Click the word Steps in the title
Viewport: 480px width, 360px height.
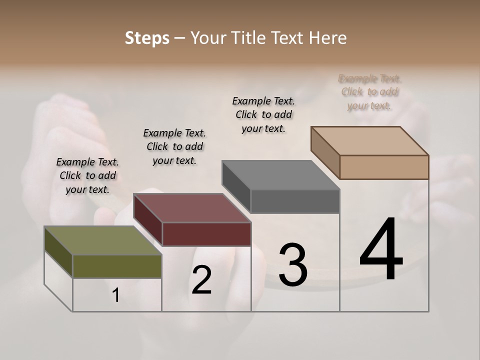click(147, 38)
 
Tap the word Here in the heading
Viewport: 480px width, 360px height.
click(328, 38)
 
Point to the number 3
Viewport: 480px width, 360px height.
click(293, 264)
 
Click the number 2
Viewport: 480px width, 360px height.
click(201, 280)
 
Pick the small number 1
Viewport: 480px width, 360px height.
click(116, 295)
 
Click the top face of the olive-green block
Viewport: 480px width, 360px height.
click(102, 240)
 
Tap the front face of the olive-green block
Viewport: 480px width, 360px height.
click(117, 266)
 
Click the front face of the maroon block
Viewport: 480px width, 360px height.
click(206, 234)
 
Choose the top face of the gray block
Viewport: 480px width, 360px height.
click(280, 175)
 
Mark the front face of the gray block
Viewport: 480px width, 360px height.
click(295, 201)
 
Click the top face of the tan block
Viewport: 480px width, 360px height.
click(369, 140)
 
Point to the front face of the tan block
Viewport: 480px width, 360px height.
click(384, 167)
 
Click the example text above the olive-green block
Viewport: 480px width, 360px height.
click(87, 175)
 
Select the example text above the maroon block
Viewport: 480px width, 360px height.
click(174, 146)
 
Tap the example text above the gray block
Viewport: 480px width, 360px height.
click(263, 114)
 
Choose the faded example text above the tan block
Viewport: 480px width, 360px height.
click(370, 92)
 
